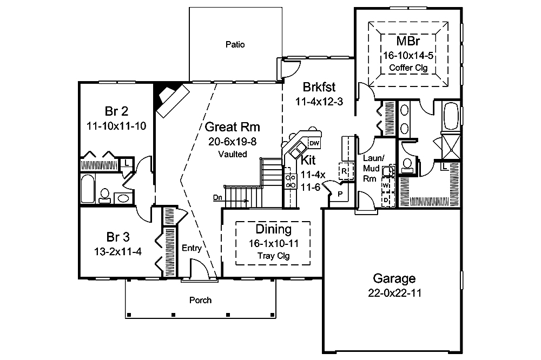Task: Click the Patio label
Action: (x=235, y=45)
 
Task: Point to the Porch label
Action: (x=200, y=300)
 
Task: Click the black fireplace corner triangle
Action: (x=162, y=95)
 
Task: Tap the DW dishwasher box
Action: (x=314, y=143)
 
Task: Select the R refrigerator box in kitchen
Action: (x=344, y=171)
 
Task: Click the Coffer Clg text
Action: (x=408, y=68)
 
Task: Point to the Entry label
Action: (x=192, y=249)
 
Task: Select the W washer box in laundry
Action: (x=386, y=185)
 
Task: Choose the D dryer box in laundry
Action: (x=386, y=199)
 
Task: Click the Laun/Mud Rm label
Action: (x=373, y=167)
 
